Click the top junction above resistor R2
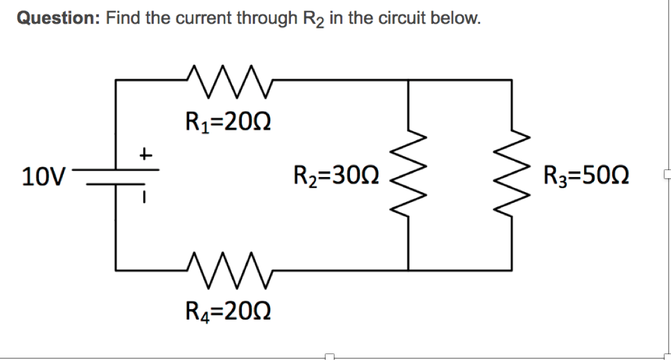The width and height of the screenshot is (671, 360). (x=410, y=80)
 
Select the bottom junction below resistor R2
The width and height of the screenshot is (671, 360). (x=410, y=270)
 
